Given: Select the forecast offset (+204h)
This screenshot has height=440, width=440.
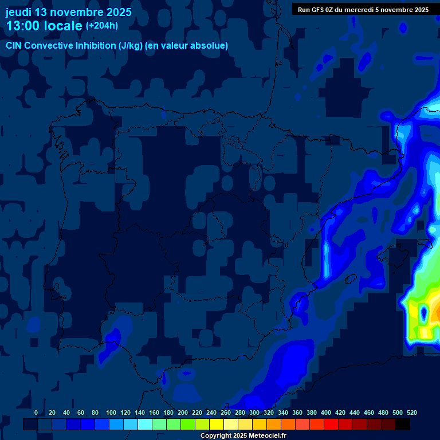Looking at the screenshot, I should (102, 25).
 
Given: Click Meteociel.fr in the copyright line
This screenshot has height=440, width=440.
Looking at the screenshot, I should (264, 436).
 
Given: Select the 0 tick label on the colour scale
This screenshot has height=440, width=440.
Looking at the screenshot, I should (36, 412).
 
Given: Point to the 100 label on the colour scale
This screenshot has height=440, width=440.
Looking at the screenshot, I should (111, 412).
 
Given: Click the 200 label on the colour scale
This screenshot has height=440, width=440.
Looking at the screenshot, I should (183, 412).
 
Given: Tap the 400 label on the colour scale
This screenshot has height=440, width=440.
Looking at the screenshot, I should (326, 412).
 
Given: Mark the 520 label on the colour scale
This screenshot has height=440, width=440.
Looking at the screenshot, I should (411, 412).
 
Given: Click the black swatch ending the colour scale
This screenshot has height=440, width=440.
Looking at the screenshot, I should (403, 424).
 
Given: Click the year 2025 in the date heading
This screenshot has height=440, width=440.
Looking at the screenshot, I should (117, 12).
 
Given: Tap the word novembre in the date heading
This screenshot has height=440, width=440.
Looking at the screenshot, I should (74, 12).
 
